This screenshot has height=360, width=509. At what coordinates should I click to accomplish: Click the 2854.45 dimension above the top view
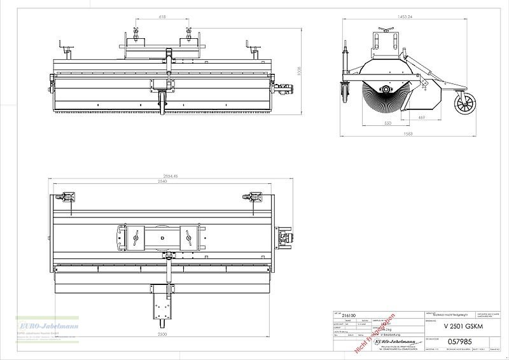click(x=167, y=175)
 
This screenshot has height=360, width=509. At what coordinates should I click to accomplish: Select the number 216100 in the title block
click(x=350, y=314)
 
